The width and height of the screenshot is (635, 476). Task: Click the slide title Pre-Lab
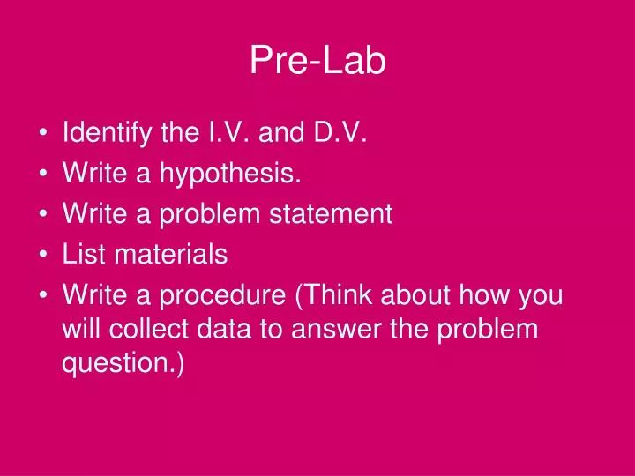pos(317,61)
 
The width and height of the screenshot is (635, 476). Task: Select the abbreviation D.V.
pos(336,134)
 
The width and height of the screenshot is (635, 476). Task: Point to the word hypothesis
pos(230,175)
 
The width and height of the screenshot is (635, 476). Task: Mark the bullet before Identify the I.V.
pos(44,135)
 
